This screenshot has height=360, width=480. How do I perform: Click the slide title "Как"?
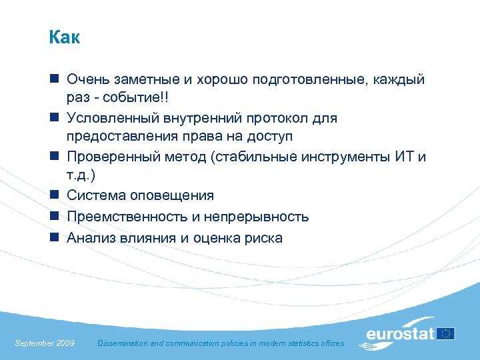point(64,38)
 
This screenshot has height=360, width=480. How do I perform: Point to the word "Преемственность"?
point(124,217)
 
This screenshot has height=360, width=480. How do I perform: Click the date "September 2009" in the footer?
point(44,343)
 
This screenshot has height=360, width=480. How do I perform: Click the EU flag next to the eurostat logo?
point(446,333)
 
